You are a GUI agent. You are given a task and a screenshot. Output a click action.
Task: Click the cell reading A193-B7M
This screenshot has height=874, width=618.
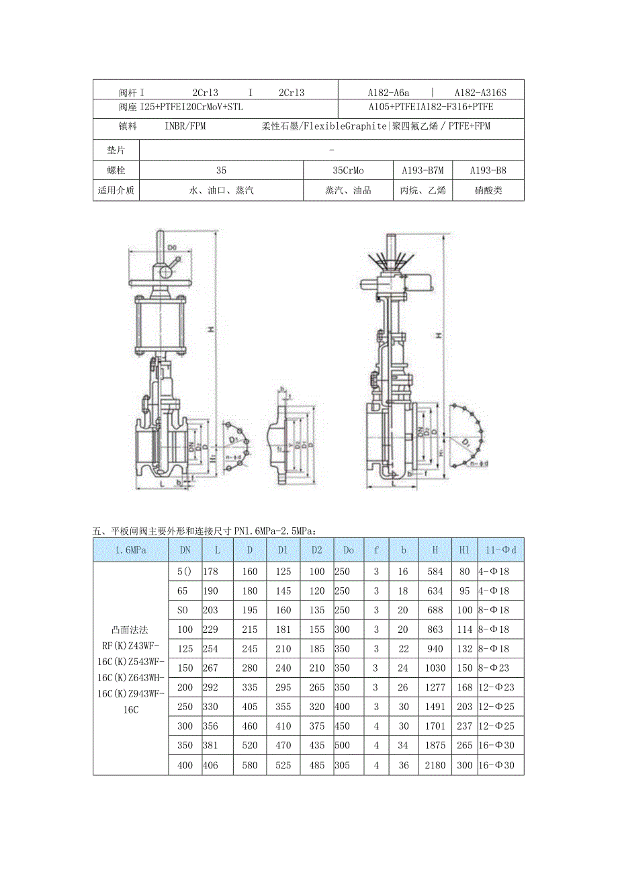423,171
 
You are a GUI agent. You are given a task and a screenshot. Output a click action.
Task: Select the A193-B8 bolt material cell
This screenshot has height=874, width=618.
488,171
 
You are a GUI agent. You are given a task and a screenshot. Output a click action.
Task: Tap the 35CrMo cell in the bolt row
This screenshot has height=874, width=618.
348,171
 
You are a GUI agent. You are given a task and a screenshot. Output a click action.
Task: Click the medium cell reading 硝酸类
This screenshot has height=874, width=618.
488,190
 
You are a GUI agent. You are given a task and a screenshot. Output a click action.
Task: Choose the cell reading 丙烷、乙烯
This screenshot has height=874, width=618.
423,190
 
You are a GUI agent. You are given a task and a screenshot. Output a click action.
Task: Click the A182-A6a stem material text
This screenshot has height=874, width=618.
388,93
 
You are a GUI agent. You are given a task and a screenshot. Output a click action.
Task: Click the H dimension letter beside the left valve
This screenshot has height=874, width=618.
210,329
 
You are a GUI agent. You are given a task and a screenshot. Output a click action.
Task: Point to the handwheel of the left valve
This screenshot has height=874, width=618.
162,286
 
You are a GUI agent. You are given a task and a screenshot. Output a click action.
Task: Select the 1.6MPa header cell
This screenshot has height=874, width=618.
130,550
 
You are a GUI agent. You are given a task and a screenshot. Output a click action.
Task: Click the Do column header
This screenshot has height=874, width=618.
348,550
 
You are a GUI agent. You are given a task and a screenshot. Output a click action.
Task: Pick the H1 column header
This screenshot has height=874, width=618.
463,550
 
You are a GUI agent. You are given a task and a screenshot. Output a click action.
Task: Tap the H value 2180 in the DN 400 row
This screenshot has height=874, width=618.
435,765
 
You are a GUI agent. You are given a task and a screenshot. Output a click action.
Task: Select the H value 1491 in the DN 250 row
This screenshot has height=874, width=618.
435,707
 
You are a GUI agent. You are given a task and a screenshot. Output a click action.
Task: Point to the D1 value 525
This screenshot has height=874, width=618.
283,765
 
